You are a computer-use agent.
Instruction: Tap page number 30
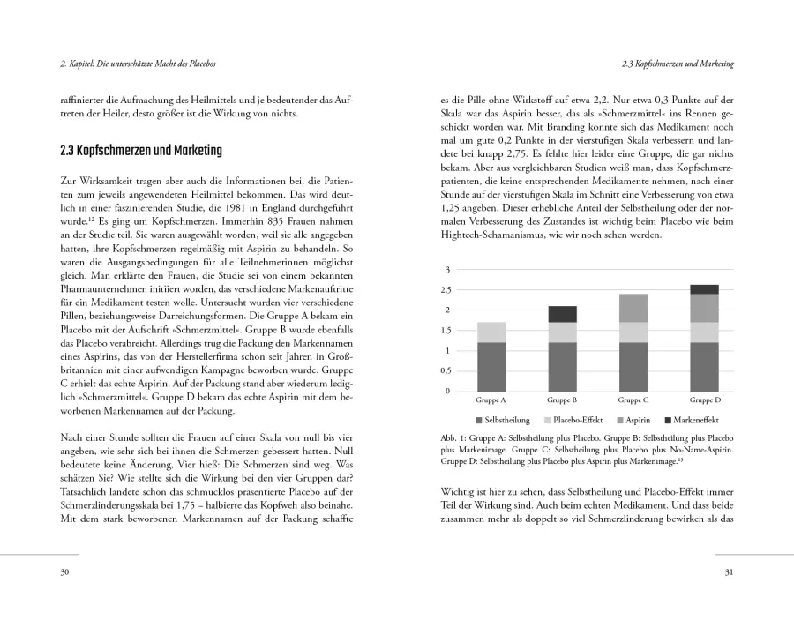click(64, 572)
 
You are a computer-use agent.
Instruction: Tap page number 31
click(729, 572)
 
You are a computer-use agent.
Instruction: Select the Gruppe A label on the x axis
click(491, 400)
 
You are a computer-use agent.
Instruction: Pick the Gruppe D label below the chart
click(705, 400)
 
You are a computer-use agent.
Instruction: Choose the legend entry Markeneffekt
click(694, 419)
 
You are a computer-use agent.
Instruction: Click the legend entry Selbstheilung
click(503, 419)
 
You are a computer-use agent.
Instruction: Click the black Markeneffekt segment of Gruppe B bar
click(562, 314)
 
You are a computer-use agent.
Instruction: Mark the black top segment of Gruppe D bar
click(705, 289)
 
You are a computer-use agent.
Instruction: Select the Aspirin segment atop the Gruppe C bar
click(633, 308)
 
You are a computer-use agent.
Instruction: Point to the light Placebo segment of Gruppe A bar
click(491, 332)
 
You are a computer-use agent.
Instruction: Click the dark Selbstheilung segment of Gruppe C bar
click(633, 366)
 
